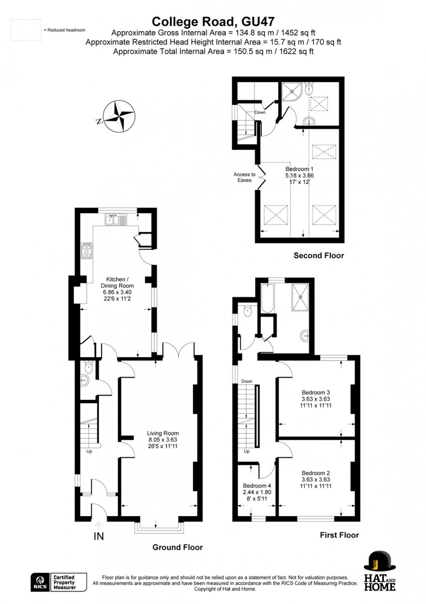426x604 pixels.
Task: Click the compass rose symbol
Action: point(118,116)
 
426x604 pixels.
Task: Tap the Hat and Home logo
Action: point(379,571)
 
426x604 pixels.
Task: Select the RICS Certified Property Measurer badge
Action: point(59,582)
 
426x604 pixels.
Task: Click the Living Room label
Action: point(163,433)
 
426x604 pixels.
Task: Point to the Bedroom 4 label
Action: point(257,486)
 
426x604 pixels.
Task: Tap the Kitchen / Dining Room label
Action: point(117,282)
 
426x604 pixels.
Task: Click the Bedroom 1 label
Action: point(299,169)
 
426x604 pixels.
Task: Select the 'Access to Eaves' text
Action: point(244,177)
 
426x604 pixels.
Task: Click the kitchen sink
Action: point(115,219)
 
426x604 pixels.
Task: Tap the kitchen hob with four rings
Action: point(87,250)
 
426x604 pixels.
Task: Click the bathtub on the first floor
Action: point(267,298)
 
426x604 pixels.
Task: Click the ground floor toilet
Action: point(89,367)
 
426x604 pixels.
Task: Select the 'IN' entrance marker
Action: point(99,536)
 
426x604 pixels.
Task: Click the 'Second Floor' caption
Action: point(319,256)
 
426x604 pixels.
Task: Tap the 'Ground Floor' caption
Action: point(177,547)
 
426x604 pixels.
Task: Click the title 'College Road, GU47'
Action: point(213,22)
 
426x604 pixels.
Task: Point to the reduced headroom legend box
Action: point(26,30)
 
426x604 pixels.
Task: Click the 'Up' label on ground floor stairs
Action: point(89,452)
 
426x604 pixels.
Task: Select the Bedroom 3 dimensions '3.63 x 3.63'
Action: point(316,399)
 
